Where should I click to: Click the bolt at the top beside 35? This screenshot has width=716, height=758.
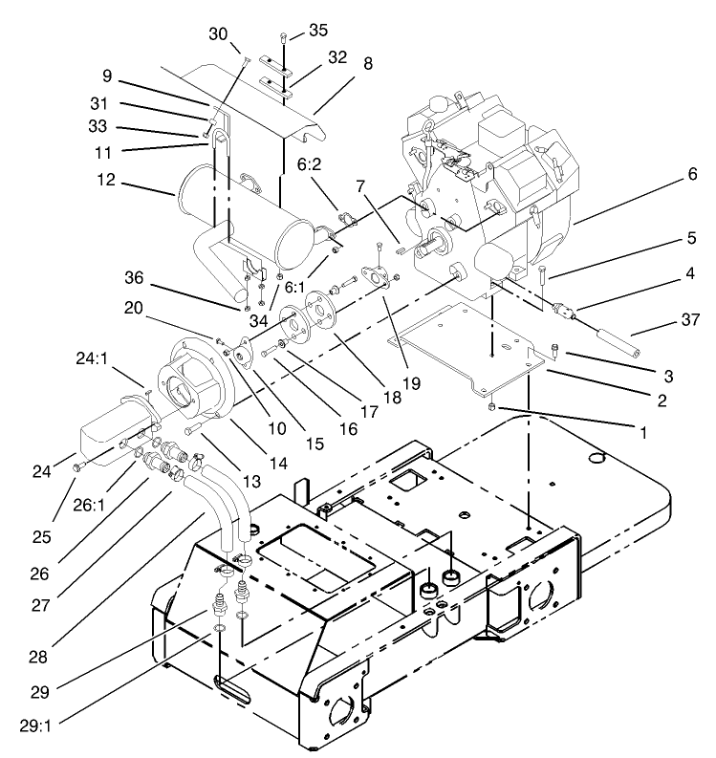tap(284, 38)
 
